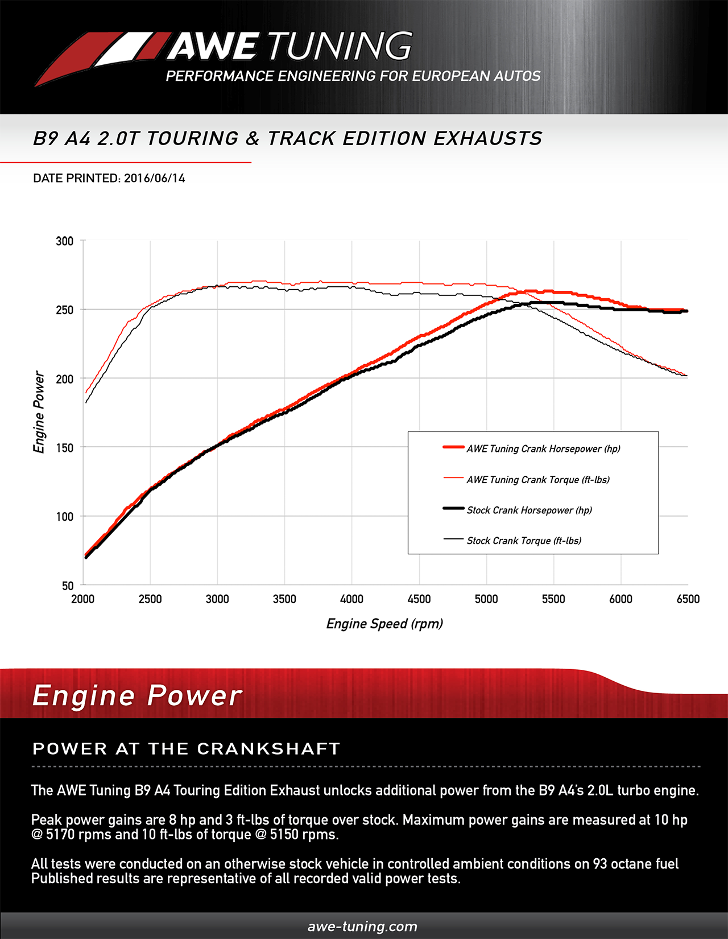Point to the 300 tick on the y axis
(65, 241)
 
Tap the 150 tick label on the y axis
(65, 448)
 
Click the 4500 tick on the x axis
(419, 599)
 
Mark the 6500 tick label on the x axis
(688, 599)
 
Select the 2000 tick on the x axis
(83, 599)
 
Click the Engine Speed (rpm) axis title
(384, 624)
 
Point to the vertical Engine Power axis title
(39, 412)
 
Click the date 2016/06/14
(155, 178)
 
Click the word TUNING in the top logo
(340, 47)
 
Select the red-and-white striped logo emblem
(100, 57)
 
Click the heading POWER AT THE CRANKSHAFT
(186, 748)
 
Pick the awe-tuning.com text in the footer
(362, 926)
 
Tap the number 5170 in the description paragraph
(61, 835)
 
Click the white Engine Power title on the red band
(137, 695)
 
